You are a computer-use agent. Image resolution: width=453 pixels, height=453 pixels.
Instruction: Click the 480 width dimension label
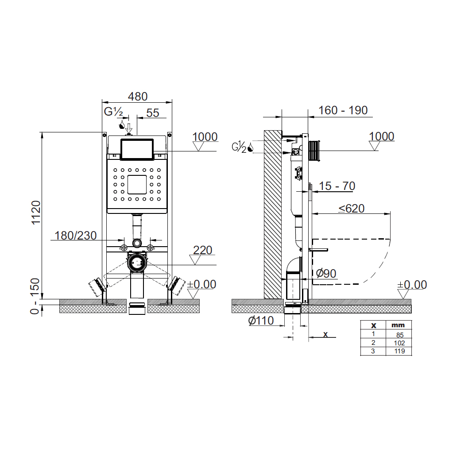(x=138, y=97)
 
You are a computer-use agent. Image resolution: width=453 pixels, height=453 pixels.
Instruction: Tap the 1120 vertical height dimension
(x=36, y=213)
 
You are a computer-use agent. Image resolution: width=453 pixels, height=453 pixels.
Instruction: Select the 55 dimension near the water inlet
(x=152, y=113)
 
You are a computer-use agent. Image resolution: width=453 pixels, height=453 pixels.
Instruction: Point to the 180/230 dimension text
(x=75, y=236)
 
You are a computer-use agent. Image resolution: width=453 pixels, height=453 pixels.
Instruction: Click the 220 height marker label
(x=202, y=250)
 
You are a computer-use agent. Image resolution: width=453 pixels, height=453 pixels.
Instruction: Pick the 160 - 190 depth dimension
(x=343, y=110)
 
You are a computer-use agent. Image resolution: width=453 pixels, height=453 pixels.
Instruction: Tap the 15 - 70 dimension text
(x=337, y=186)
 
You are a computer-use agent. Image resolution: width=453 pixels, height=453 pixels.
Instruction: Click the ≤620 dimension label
(x=352, y=208)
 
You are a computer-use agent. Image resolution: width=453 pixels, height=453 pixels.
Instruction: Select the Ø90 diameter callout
(x=326, y=273)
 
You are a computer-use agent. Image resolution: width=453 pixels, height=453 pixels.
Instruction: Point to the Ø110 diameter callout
(x=261, y=321)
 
